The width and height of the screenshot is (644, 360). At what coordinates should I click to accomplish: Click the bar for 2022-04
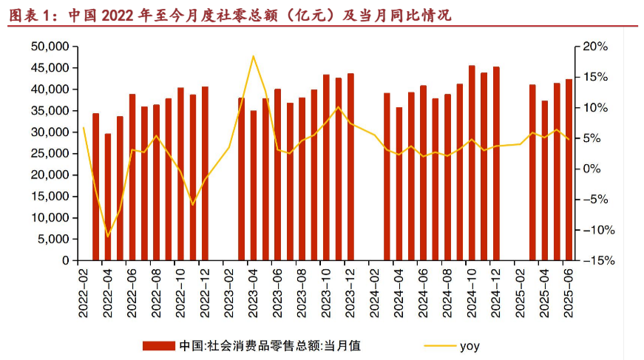point(108,197)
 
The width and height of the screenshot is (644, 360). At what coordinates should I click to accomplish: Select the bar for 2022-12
point(205,174)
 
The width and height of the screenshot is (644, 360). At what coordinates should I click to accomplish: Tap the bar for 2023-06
point(277,174)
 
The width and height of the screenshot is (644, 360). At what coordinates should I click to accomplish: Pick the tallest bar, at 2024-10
point(472,163)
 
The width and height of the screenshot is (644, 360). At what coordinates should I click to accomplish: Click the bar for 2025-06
point(569,169)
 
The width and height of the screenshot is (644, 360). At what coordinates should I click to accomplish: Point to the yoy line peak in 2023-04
point(254,56)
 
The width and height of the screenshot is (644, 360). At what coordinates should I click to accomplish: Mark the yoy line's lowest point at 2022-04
point(108,237)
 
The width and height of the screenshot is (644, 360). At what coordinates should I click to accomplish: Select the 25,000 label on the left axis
point(50,154)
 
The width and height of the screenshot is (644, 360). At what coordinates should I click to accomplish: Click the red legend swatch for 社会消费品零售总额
point(159,345)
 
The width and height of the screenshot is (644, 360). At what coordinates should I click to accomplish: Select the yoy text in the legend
point(470,345)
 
